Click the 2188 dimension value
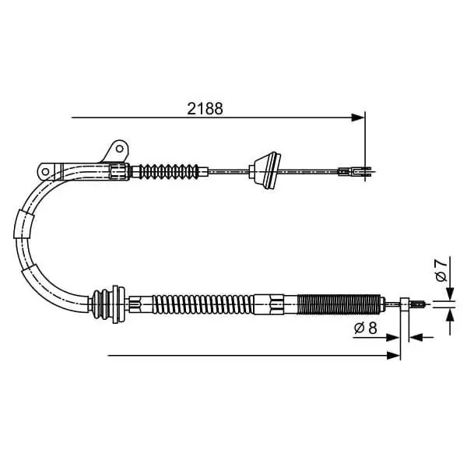pos(205,109)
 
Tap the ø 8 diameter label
pos(366,328)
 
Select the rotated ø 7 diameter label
pos(441,270)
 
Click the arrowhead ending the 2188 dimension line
pos(357,118)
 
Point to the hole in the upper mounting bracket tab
pos(119,149)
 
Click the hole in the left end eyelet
pos(45,171)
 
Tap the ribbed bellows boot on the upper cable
pos(169,171)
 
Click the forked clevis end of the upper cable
pos(356,172)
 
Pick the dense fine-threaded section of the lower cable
pos(339,304)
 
